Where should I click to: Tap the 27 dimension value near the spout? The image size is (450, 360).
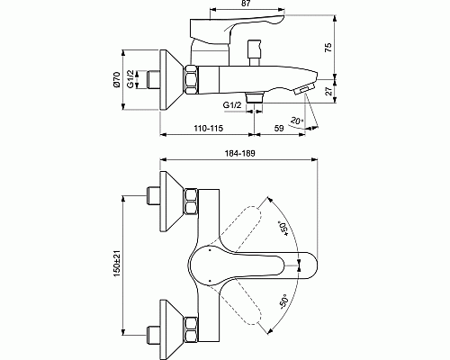click(x=329, y=91)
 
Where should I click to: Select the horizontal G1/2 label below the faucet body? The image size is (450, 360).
click(x=232, y=105)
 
